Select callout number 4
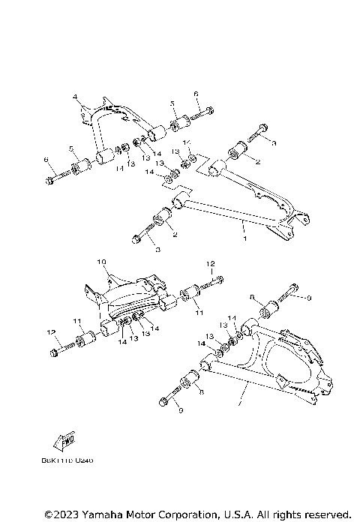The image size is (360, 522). [x=76, y=98]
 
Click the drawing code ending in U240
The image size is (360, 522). [x=72, y=460]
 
